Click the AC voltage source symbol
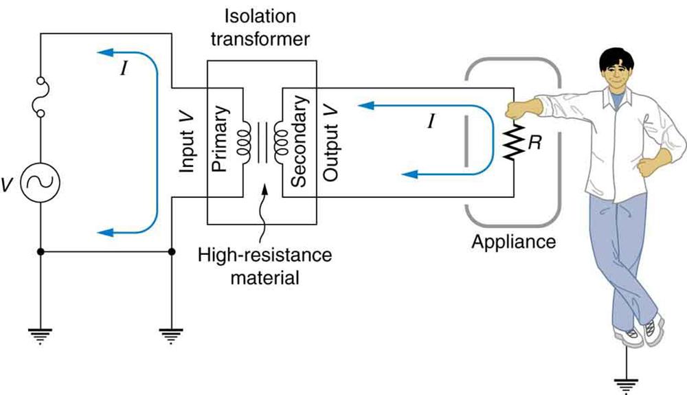pyautogui.click(x=41, y=181)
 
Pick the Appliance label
pyautogui.click(x=513, y=242)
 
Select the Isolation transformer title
pyautogui.click(x=262, y=28)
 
